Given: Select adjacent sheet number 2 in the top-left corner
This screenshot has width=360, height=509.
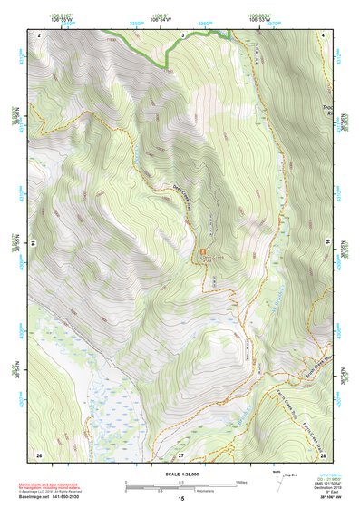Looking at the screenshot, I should tap(40, 34).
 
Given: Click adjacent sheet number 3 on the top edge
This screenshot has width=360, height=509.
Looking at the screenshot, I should tap(181, 34).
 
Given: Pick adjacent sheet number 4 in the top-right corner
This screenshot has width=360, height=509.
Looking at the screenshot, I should tap(323, 34).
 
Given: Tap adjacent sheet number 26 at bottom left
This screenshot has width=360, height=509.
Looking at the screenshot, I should tap(39, 453).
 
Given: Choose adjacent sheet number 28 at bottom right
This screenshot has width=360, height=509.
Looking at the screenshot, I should tap(322, 453).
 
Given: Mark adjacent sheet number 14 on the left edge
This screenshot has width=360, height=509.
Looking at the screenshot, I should tap(34, 243).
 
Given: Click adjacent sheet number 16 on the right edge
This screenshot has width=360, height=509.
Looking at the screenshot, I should tap(327, 243).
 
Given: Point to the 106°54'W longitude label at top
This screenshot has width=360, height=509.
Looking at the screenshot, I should tap(161, 16).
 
